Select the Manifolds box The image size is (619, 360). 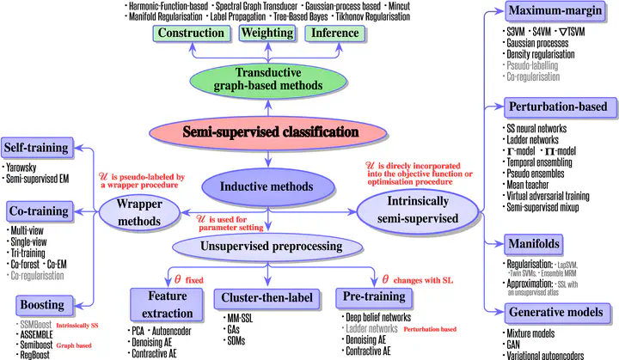(544, 243)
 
